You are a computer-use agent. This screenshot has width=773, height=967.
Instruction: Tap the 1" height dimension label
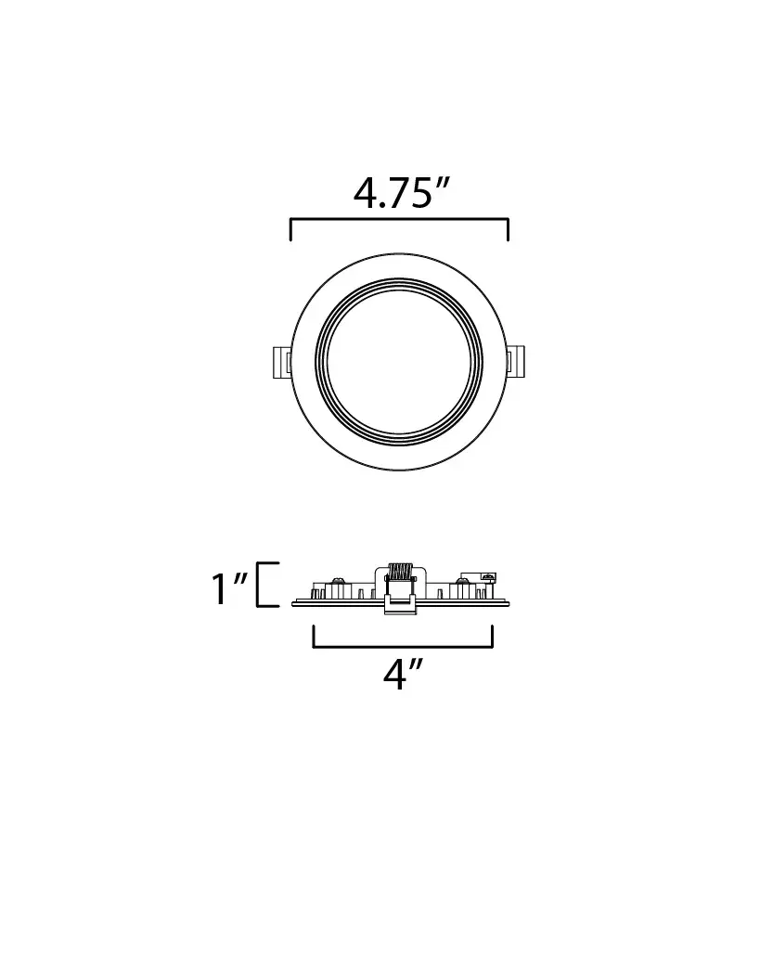coord(229,588)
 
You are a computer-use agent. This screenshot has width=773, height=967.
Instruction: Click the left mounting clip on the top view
coord(282,362)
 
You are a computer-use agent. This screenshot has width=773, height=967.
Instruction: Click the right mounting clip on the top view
coord(516,362)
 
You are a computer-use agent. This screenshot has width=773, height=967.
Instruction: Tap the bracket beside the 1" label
coord(267,585)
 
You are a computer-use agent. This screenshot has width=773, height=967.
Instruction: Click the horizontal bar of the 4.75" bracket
coord(399,218)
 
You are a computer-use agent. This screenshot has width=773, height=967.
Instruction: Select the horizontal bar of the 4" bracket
coord(403,647)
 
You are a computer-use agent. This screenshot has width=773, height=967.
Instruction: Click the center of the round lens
coord(399,362)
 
